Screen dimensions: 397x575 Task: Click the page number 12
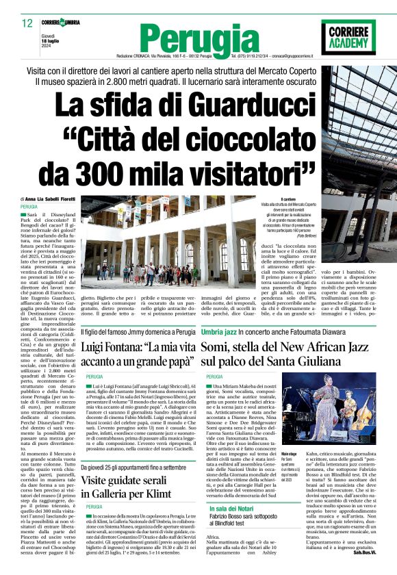(27, 23)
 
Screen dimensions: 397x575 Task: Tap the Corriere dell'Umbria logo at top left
(61, 23)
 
